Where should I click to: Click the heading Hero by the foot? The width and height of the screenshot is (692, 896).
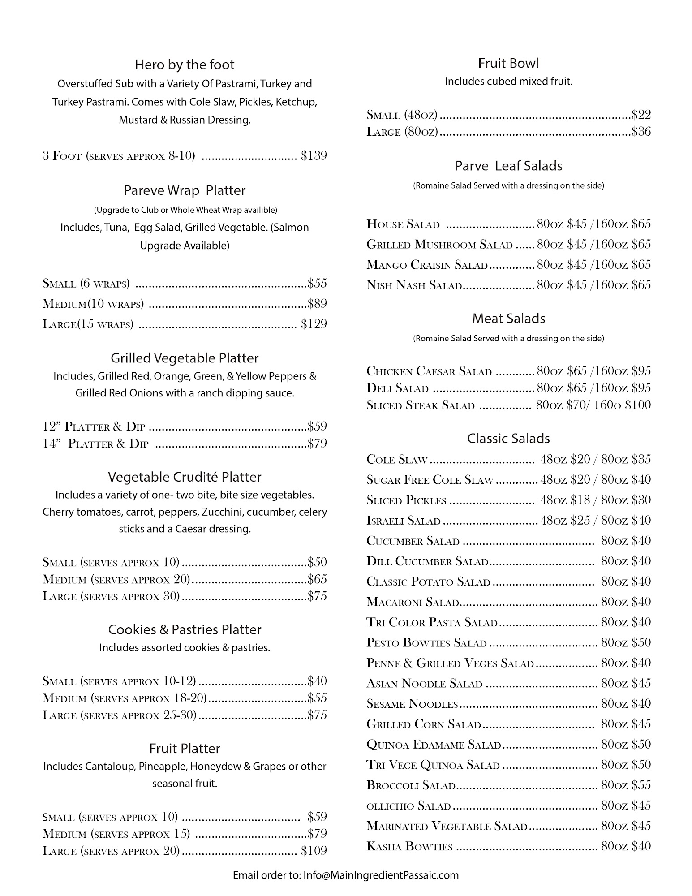pyautogui.click(x=185, y=65)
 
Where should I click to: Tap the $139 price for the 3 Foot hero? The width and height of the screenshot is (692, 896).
pyautogui.click(x=314, y=156)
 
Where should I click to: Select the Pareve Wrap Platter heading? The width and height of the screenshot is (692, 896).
pyautogui.click(x=185, y=190)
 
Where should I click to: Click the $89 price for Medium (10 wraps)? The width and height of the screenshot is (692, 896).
pyautogui.click(x=317, y=304)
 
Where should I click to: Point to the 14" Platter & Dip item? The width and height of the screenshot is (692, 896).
pyautogui.click(x=95, y=444)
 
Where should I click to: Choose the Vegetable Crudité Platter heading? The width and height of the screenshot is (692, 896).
pyautogui.click(x=185, y=477)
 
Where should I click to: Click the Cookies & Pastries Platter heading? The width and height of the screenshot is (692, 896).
pyautogui.click(x=185, y=630)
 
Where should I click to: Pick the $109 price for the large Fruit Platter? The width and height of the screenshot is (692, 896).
pyautogui.click(x=314, y=850)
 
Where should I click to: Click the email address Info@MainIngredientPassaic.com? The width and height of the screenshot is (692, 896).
pyautogui.click(x=381, y=875)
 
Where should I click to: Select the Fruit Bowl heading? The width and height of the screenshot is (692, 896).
pyautogui.click(x=508, y=64)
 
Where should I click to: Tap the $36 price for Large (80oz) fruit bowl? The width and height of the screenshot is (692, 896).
pyautogui.click(x=641, y=132)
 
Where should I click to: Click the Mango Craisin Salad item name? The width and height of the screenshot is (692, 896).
pyautogui.click(x=427, y=265)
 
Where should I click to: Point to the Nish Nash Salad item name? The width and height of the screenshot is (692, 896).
pyautogui.click(x=414, y=285)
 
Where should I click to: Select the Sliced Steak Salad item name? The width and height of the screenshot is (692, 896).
pyautogui.click(x=420, y=405)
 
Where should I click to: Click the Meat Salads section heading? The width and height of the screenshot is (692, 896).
pyautogui.click(x=508, y=319)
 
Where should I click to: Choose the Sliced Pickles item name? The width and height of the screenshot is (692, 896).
pyautogui.click(x=406, y=500)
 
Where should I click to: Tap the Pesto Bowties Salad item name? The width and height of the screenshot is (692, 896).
pyautogui.click(x=426, y=643)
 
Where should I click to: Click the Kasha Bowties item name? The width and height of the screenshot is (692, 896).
pyautogui.click(x=409, y=846)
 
